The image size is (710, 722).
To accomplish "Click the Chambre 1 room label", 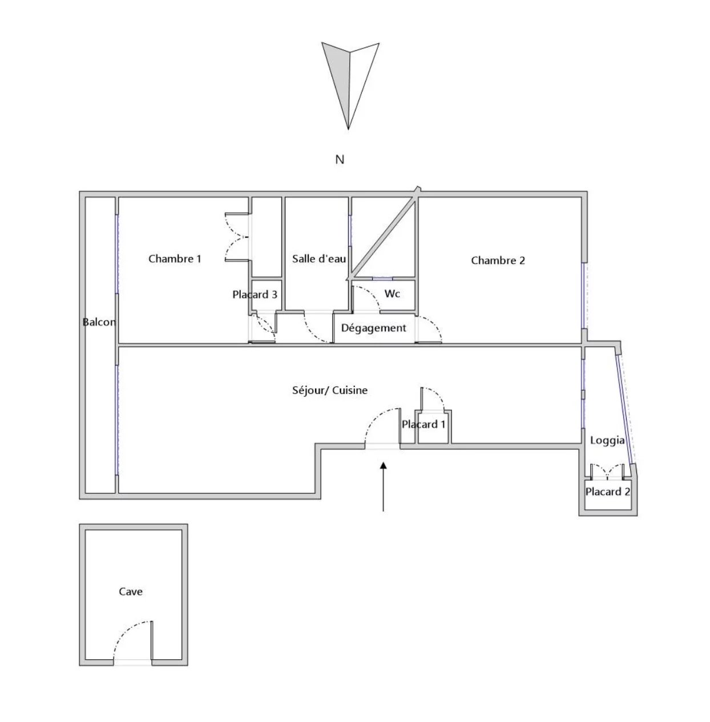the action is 175,258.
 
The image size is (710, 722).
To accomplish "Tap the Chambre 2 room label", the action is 498,261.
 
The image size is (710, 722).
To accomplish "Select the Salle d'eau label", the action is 319,258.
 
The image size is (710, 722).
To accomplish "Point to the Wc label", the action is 392,294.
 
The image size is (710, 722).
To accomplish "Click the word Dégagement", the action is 373,328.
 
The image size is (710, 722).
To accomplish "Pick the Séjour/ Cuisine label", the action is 330,391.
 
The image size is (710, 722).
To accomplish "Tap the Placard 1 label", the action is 423,424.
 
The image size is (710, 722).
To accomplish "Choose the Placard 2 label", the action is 608,492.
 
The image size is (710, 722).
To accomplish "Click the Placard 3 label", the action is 255,294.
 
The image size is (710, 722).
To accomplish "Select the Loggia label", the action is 607,441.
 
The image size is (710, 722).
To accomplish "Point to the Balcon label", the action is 99,322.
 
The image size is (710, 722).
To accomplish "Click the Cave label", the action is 131,591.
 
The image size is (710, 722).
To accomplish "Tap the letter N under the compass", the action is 340,160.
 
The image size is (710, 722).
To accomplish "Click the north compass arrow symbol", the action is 350,86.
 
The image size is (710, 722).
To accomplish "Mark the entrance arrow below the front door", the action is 383,486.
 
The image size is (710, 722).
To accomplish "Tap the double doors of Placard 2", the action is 608,472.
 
